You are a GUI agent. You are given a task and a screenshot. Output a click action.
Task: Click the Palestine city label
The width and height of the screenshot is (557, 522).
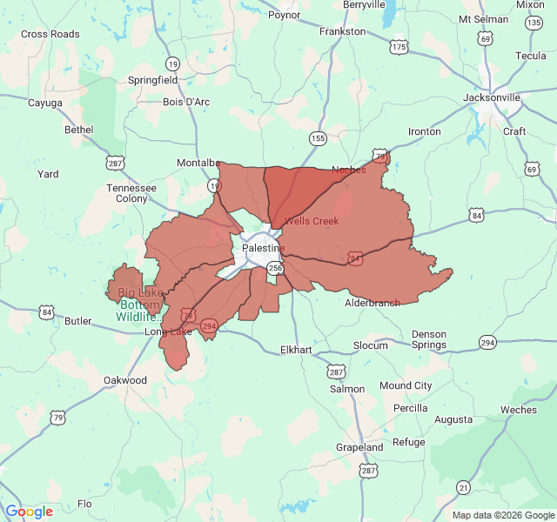coord(263,248)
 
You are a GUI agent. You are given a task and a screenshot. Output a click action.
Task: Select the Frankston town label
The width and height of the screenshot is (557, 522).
coord(342,30)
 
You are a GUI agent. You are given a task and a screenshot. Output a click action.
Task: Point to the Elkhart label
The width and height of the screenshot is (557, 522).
coord(296,350)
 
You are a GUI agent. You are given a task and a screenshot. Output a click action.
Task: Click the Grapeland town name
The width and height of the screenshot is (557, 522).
coord(359,447)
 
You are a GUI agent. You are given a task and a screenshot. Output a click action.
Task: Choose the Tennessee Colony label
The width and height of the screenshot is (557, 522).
coord(131,192)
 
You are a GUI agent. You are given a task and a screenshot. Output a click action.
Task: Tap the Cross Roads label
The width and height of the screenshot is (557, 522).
coord(50,34)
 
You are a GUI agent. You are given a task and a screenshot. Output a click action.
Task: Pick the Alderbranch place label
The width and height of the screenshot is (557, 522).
coord(372,303)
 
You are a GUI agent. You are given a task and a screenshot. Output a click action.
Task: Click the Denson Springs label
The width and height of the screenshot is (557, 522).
coord(428,339)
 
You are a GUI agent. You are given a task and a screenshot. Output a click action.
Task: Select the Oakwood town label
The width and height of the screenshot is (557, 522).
coord(125,380)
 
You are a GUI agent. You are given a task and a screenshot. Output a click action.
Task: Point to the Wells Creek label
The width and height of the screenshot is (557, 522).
coord(311,221)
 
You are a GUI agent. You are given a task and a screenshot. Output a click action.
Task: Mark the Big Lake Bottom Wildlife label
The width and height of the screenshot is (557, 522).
coord(139,304)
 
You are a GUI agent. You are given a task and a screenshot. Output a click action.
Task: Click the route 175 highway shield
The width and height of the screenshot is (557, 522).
coord(399,46)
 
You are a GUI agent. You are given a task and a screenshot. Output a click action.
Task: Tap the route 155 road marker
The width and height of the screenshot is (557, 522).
coord(319,138)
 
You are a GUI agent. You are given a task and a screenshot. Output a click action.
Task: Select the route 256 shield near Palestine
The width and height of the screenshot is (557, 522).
coord(276,268)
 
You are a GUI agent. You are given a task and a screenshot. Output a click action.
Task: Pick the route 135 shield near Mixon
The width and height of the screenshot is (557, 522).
coord(533,22)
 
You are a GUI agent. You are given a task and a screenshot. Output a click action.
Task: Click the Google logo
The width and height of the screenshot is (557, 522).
coord(29,512)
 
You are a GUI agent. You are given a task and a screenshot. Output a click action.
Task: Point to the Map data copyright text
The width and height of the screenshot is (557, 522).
coord(503,515)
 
